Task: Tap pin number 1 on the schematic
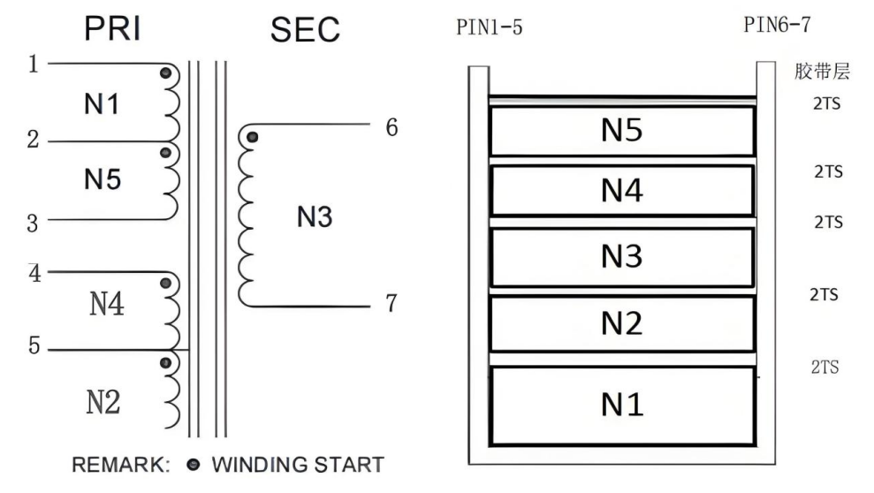tap(34, 65)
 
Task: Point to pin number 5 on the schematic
tap(34, 345)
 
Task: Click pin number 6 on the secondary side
tap(391, 127)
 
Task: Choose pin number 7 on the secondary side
tap(391, 304)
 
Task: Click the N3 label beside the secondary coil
tap(315, 216)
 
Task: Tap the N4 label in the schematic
tap(107, 306)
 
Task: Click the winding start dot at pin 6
tap(254, 137)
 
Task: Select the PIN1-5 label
tap(489, 28)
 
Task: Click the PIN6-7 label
tap(777, 24)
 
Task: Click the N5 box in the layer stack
tap(621, 132)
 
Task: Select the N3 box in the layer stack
tap(621, 257)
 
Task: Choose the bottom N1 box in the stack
tap(621, 406)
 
